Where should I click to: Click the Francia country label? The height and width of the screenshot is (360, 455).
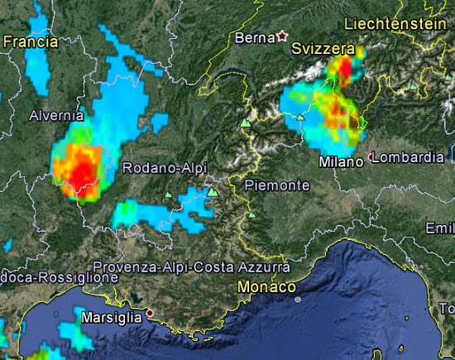(x=30, y=41)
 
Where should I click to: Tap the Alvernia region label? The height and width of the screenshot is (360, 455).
(x=57, y=117)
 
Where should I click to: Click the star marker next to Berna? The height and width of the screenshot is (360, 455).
(x=282, y=36)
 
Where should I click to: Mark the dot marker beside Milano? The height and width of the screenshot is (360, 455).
(x=371, y=156)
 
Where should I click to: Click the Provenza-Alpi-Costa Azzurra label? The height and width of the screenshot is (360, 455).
(x=191, y=267)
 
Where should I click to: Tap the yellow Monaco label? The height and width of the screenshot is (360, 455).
(x=266, y=286)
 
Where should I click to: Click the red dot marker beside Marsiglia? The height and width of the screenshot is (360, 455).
(x=150, y=312)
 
